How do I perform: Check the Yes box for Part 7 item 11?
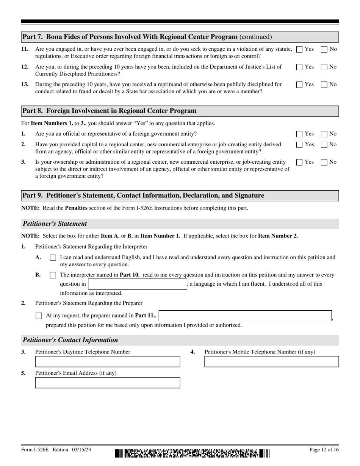[x=299, y=49]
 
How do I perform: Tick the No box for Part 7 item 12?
[x=324, y=67]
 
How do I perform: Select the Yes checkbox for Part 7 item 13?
[x=299, y=85]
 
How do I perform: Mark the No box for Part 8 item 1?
[x=324, y=134]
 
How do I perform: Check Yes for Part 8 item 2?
[x=299, y=145]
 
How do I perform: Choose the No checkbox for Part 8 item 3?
[x=324, y=162]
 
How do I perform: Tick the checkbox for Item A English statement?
[x=53, y=258]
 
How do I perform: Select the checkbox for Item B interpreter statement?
[x=53, y=275]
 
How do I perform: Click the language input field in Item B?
[x=137, y=284]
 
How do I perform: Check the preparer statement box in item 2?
[x=39, y=316]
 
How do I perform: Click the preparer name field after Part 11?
[x=245, y=316]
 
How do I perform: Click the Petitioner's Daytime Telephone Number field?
[x=108, y=362]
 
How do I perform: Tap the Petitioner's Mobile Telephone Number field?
[x=271, y=362]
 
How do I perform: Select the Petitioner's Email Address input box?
[x=108, y=383]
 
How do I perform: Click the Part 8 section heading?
[x=110, y=111]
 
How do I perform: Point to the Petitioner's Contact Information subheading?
[x=70, y=340]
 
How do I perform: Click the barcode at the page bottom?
[x=193, y=453]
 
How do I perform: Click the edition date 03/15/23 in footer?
[x=80, y=450]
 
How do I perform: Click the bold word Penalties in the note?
[x=76, y=208]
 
